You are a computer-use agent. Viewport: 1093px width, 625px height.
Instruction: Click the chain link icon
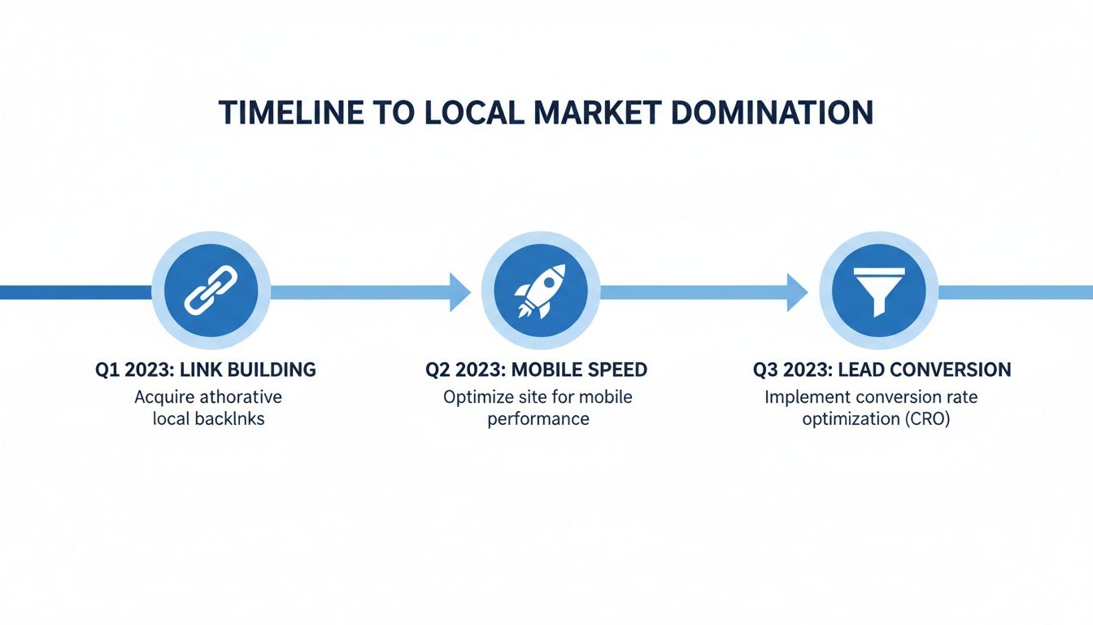(211, 291)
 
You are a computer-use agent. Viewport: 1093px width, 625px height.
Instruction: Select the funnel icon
(878, 291)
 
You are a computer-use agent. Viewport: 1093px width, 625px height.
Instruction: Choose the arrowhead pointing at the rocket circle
(460, 291)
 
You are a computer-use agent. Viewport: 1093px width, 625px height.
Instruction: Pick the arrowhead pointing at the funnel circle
(797, 291)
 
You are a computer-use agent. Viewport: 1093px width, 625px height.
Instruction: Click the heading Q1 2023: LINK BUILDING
(205, 369)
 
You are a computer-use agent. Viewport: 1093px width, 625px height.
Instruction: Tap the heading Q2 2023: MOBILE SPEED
(537, 369)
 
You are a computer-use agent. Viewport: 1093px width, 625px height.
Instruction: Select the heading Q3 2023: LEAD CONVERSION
(882, 369)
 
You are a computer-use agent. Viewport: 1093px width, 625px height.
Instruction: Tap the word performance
(538, 420)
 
